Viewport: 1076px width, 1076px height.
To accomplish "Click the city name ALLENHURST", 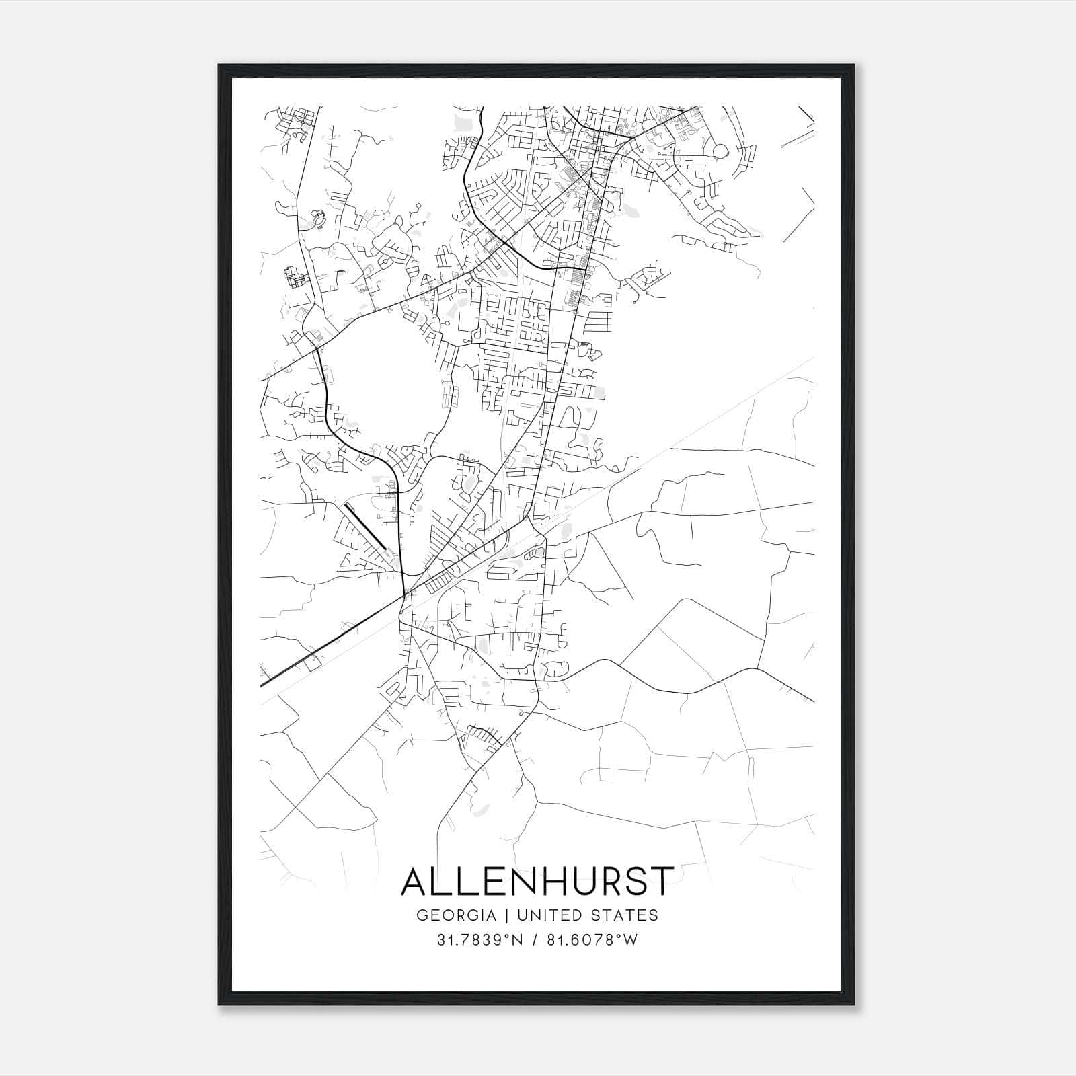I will click(x=537, y=882).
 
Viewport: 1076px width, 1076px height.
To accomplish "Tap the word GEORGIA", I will click(x=456, y=915).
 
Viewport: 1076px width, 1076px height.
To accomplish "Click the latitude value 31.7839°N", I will click(x=479, y=941).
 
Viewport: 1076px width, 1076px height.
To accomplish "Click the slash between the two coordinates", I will click(x=533, y=941).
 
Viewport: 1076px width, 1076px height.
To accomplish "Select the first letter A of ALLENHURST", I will click(x=415, y=882).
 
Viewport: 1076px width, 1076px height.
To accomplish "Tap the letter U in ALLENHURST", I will click(x=577, y=882).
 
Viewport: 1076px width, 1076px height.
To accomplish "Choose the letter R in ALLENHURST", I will click(x=605, y=882).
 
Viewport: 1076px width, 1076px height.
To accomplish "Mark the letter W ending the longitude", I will click(x=630, y=941).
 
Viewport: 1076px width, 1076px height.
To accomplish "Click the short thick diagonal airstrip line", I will click(x=365, y=526).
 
